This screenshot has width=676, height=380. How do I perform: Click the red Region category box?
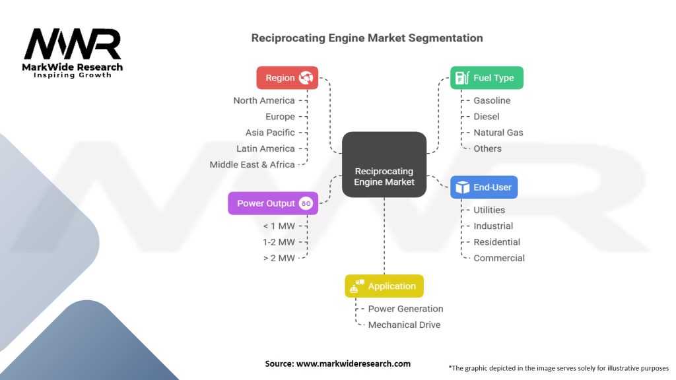point(287,78)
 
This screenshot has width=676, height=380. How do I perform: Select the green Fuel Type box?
point(487,78)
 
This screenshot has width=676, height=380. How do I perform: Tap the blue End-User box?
point(484,187)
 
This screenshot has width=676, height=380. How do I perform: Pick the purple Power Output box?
point(273,203)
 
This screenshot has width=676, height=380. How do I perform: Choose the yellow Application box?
point(384,286)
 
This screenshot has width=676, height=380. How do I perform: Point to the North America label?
point(264,101)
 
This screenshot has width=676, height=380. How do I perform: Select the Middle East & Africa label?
point(252,165)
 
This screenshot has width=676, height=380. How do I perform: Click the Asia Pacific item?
point(270,133)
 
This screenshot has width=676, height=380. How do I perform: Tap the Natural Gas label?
point(498,133)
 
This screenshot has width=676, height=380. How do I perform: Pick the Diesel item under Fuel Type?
point(487,117)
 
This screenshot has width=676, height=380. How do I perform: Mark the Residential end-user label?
point(496,242)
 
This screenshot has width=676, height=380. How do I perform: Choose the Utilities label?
point(489,210)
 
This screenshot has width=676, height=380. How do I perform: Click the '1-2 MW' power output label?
point(279,242)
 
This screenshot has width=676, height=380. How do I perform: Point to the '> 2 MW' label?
point(279,258)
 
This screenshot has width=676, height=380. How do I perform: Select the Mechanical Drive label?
point(404,325)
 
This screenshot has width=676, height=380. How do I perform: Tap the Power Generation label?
point(405,309)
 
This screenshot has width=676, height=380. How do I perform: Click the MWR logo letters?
point(73,45)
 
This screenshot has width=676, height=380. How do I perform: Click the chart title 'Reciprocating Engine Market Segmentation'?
point(367,38)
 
